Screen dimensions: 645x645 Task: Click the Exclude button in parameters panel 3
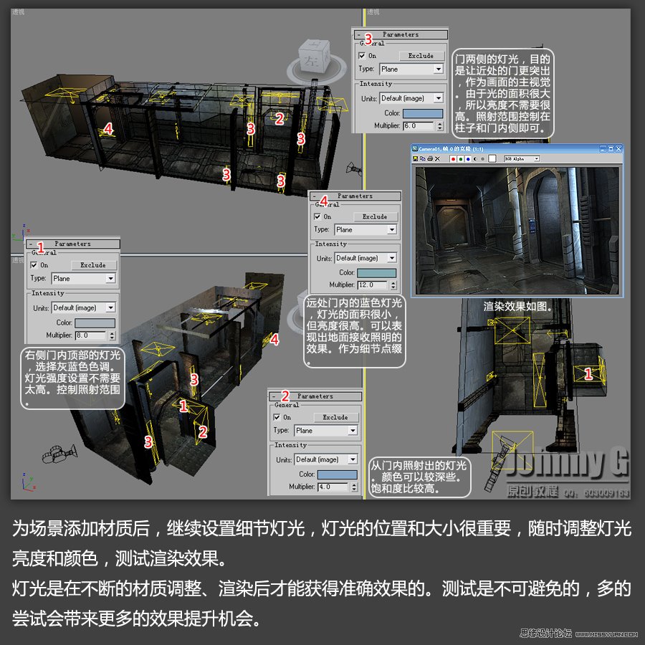(421, 55)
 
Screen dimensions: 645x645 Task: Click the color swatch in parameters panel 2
(338, 474)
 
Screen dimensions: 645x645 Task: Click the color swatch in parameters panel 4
(376, 273)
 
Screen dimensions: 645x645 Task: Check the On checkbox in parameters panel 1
(34, 264)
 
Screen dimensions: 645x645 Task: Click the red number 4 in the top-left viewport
(107, 128)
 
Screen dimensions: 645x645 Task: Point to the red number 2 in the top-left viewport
(280, 119)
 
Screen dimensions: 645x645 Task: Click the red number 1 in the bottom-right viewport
(588, 373)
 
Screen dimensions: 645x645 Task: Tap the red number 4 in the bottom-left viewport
(274, 340)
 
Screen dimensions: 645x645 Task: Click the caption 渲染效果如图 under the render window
(518, 306)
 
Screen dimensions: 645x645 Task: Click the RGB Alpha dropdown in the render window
(520, 158)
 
